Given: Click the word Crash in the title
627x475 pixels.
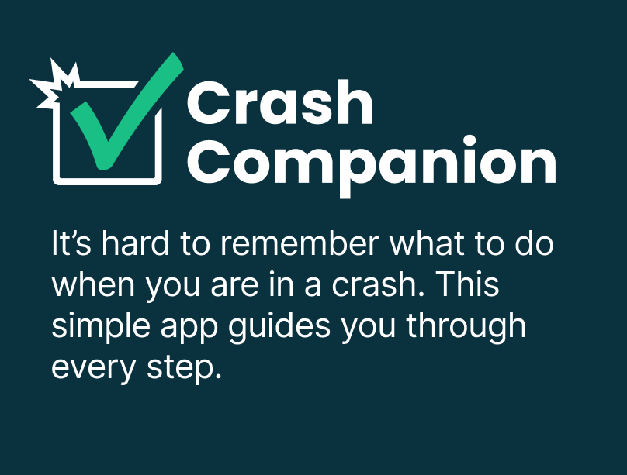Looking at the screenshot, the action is (280, 103).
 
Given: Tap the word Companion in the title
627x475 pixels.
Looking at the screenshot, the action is (372, 166).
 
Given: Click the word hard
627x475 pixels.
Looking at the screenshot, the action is (136, 243).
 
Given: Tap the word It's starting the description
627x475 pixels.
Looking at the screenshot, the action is (71, 243).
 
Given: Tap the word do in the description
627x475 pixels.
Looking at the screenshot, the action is (534, 243).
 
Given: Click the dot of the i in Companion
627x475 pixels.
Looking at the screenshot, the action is (469, 142).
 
